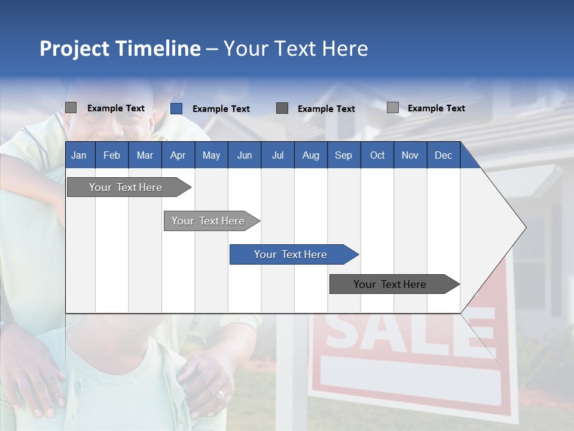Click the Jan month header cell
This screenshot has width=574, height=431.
[x=79, y=156]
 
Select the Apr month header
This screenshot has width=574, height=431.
[x=178, y=156]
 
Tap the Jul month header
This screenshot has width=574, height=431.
[x=277, y=156]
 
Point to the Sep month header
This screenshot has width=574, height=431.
[x=343, y=156]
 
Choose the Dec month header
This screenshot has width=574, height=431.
[x=443, y=156]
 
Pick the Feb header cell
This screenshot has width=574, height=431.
[x=112, y=156]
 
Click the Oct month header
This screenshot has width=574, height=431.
[x=377, y=156]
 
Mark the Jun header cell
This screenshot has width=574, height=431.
[x=245, y=156]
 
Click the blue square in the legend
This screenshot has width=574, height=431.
[x=176, y=108]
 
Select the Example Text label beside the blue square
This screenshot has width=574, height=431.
[x=221, y=109]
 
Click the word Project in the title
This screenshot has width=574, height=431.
[x=74, y=48]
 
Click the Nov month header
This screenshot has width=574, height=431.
[x=410, y=156]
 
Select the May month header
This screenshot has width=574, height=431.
[x=211, y=156]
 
